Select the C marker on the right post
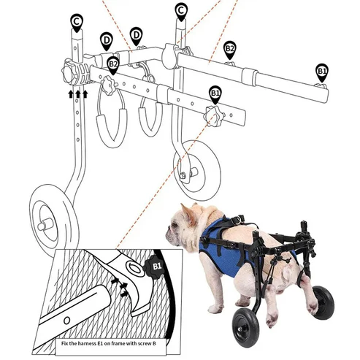coord(181,10)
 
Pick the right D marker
coord(136,34)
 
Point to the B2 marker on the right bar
coord(229,49)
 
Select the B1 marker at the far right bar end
coord(322,70)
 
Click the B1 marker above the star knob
coord(215,93)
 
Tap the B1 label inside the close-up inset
coord(155,267)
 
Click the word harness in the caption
coord(102,341)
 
